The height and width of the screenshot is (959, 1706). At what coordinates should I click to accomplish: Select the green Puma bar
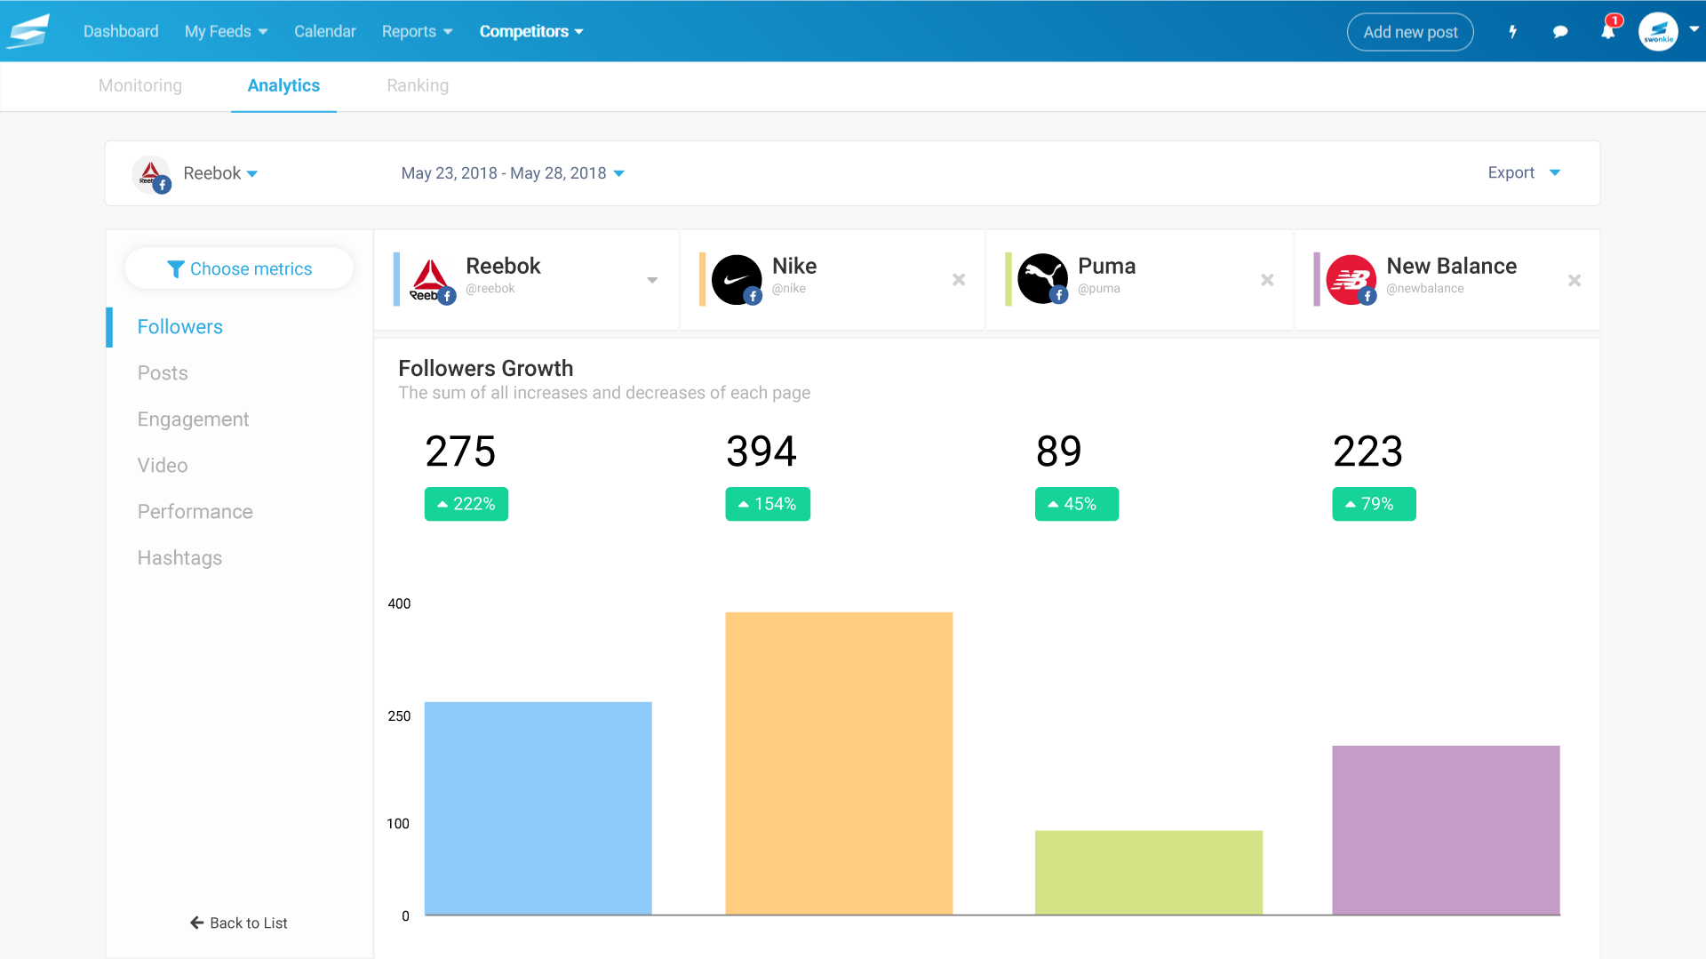pyautogui.click(x=1148, y=872)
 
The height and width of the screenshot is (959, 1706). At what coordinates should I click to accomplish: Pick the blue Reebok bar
pyautogui.click(x=538, y=808)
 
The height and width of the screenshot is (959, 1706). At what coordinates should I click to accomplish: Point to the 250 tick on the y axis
pyautogui.click(x=399, y=716)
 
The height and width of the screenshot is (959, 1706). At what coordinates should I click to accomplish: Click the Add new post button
pyautogui.click(x=1410, y=32)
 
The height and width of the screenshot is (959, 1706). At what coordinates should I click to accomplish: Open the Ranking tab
pyautogui.click(x=418, y=85)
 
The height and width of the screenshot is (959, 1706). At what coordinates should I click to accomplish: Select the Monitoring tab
pyautogui.click(x=140, y=85)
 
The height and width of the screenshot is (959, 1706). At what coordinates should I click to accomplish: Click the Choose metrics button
pyautogui.click(x=239, y=268)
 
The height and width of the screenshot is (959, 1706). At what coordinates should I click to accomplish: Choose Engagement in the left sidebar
pyautogui.click(x=193, y=420)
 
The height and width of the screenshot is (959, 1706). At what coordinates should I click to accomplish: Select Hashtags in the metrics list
pyautogui.click(x=179, y=558)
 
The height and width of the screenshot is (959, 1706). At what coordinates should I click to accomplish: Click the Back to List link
pyautogui.click(x=239, y=923)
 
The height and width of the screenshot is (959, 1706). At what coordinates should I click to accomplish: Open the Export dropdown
pyautogui.click(x=1523, y=173)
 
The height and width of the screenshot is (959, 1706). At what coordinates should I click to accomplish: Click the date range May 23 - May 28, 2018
pyautogui.click(x=513, y=173)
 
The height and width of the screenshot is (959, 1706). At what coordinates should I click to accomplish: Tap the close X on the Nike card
pyautogui.click(x=959, y=280)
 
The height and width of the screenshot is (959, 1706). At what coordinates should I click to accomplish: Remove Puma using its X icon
pyautogui.click(x=1267, y=280)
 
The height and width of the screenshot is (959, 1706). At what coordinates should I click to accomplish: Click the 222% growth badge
pyautogui.click(x=466, y=504)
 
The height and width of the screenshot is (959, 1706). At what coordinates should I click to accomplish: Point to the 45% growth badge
pyautogui.click(x=1076, y=504)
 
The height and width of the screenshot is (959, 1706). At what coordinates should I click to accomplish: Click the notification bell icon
pyautogui.click(x=1607, y=32)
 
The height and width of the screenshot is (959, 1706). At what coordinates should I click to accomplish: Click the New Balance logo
pyautogui.click(x=1351, y=280)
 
